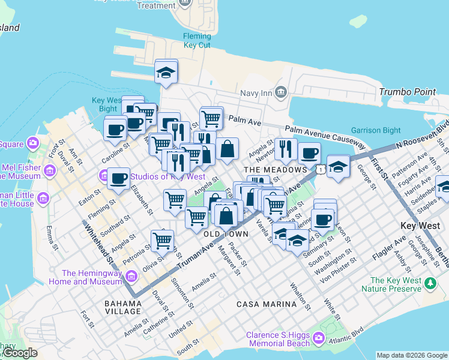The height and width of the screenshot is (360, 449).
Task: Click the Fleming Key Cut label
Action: click(x=197, y=41)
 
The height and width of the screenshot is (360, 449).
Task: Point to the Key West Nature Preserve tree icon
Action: click(x=430, y=283)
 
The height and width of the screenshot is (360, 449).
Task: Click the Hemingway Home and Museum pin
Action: click(x=131, y=277)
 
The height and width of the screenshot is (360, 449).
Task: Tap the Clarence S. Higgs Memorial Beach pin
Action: click(x=318, y=339)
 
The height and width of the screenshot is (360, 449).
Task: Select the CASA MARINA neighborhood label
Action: click(x=267, y=304)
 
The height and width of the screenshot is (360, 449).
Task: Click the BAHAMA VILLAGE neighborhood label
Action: click(x=122, y=304)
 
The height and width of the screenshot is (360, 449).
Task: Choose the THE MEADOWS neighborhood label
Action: click(x=276, y=170)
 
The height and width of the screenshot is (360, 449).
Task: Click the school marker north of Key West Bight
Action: click(x=166, y=72)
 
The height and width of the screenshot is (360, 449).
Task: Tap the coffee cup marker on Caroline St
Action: click(x=115, y=129)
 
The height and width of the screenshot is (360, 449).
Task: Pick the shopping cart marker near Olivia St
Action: click(x=163, y=241)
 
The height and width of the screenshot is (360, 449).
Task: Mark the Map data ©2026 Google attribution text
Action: click(x=412, y=355)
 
